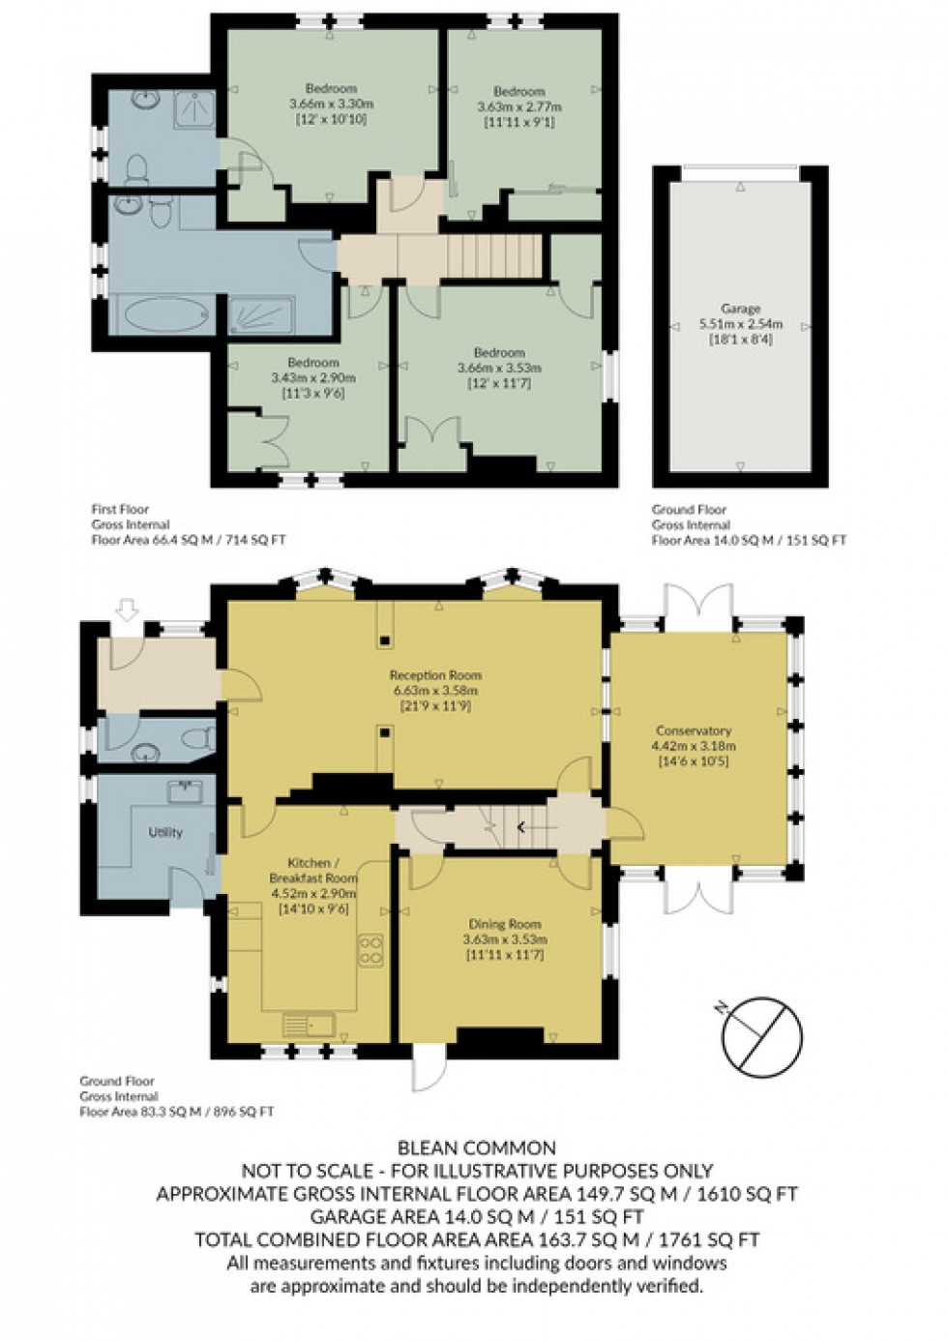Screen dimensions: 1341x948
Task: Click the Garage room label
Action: [741, 310]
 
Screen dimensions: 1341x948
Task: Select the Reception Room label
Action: [434, 675]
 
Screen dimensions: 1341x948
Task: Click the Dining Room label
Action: [505, 924]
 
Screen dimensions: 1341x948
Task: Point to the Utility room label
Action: [165, 832]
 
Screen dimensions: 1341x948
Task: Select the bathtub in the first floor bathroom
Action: [163, 315]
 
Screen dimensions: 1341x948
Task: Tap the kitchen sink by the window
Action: [309, 1023]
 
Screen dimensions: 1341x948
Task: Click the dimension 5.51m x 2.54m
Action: [741, 324]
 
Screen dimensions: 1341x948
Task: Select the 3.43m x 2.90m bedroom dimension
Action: [312, 377]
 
